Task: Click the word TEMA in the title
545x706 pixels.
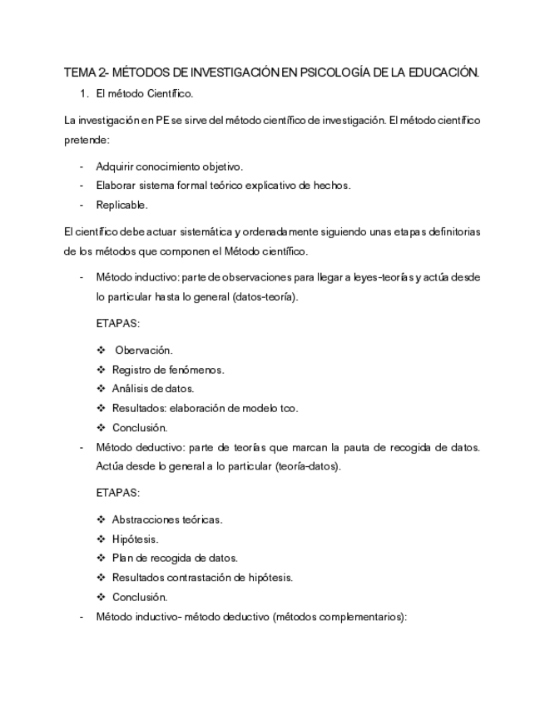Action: click(81, 73)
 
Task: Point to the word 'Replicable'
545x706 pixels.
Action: click(121, 205)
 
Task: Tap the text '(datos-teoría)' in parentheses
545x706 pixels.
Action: click(265, 296)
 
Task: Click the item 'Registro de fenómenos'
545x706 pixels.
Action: click(167, 370)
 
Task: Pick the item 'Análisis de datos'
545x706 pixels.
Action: click(153, 389)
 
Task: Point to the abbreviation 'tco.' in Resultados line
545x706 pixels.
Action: click(287, 408)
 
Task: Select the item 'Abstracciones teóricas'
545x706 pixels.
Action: click(167, 520)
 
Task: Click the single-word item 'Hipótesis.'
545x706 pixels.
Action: click(135, 539)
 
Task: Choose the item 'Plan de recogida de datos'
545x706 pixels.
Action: click(175, 558)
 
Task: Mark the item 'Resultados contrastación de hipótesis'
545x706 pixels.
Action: click(202, 577)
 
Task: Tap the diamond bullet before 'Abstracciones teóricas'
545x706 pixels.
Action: click(101, 520)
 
